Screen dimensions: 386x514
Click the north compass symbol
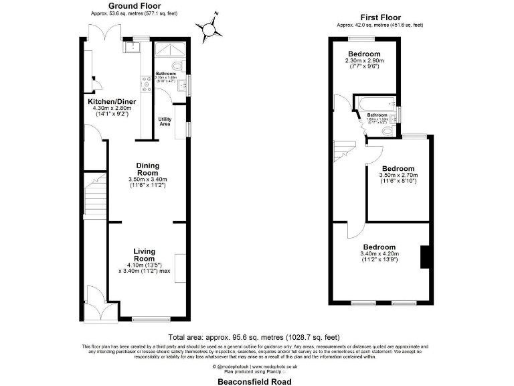tap(211, 28)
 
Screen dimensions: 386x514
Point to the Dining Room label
tap(147, 169)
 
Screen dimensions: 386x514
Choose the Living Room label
tap(144, 255)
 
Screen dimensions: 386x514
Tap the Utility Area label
tap(165, 121)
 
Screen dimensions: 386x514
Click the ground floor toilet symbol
tap(177, 66)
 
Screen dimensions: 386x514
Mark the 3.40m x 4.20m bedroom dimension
tap(379, 254)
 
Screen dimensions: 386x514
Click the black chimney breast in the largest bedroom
tap(423, 256)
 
